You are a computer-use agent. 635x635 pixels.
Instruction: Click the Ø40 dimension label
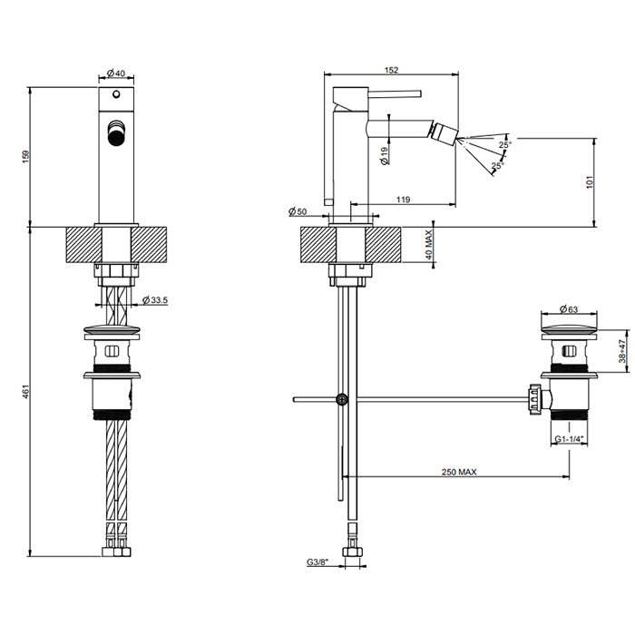tap(115, 73)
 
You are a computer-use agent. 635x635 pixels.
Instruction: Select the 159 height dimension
tap(25, 157)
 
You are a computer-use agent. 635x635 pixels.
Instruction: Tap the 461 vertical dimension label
tap(25, 391)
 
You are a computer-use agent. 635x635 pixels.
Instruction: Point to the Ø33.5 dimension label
tap(157, 300)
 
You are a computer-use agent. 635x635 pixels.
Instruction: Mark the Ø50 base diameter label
tap(298, 210)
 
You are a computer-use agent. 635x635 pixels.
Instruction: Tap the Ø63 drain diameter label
tap(570, 308)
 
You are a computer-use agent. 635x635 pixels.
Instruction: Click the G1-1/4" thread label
tap(570, 439)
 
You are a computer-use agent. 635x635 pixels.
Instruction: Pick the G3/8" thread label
tap(317, 563)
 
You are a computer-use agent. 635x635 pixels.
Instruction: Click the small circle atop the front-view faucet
tap(116, 94)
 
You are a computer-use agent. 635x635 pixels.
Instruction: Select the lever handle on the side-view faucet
tap(377, 92)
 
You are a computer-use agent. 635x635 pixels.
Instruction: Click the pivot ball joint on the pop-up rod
tap(341, 398)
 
